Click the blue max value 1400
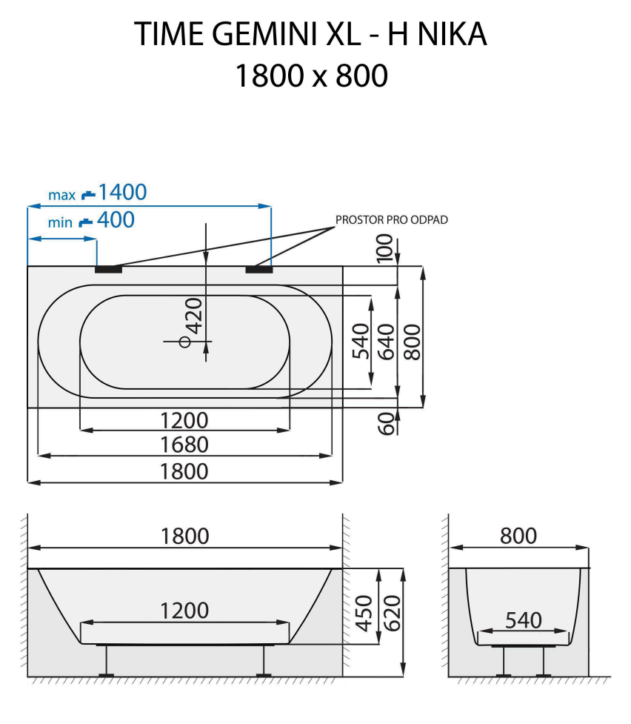[122, 193]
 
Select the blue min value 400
[116, 219]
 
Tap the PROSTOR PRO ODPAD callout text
[392, 219]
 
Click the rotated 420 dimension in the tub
[194, 317]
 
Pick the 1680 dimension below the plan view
[184, 445]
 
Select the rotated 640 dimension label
[385, 341]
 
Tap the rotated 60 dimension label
[385, 423]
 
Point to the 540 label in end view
[523, 620]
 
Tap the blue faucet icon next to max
[89, 194]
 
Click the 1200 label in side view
[184, 611]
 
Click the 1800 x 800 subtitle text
[311, 76]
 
